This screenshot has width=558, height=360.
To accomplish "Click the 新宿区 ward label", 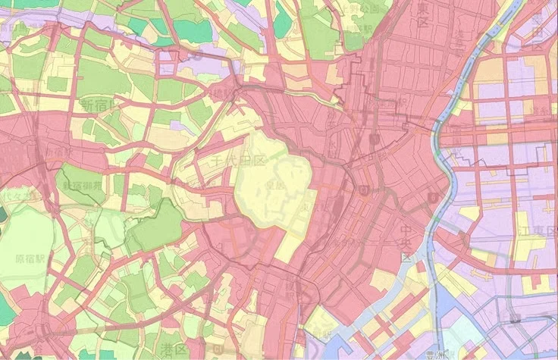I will click(x=99, y=103).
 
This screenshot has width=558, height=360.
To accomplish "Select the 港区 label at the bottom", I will click(x=170, y=346).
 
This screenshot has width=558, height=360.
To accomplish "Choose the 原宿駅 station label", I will click(x=31, y=258).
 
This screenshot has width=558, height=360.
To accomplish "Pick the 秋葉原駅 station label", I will click(x=373, y=139).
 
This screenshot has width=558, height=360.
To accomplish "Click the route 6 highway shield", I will click(x=433, y=198).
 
